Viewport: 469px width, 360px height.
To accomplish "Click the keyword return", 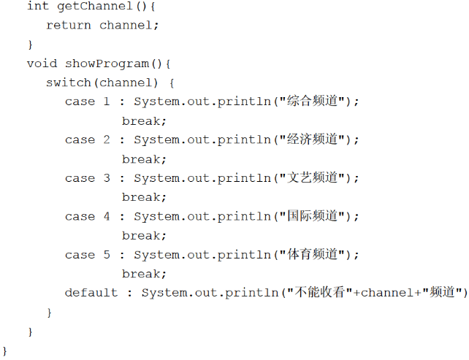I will pos(68,25).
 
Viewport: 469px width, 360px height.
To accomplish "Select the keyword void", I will pos(42,64).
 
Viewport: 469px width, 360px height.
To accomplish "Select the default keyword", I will pos(91,293).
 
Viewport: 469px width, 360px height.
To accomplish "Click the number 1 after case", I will pos(107,102).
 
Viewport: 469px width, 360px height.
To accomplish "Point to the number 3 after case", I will pos(107,178).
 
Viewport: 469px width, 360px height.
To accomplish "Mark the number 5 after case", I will pos(107,255).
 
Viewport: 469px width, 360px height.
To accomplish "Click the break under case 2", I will pos(144,159).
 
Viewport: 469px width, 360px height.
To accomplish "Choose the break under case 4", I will pos(144,236).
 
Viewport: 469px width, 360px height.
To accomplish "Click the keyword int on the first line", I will pos(37,6).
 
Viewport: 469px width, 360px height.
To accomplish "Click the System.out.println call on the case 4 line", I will pos(202,216).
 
